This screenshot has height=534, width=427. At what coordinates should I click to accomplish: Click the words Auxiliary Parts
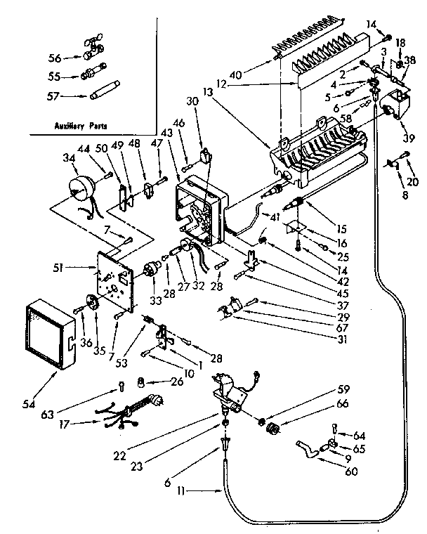pyautogui.click(x=79, y=126)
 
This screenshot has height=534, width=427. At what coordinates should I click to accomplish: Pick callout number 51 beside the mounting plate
pyautogui.click(x=77, y=267)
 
